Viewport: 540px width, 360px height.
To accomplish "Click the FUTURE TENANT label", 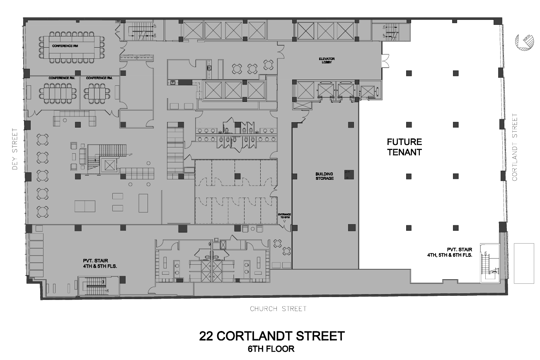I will point(404,147).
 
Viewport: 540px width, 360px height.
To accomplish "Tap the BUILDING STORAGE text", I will point(324,176).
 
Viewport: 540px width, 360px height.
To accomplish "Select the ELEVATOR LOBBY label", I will point(327,60).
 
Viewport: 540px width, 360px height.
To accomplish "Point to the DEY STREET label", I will point(15,149).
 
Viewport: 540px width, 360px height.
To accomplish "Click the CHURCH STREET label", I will point(278,309).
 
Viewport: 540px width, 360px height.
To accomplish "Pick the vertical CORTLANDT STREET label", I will point(515,147).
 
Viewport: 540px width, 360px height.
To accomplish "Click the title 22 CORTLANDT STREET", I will point(271,336).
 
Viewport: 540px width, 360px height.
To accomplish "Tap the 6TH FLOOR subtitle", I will point(271,349).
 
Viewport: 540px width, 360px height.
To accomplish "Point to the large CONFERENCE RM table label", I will point(64,45).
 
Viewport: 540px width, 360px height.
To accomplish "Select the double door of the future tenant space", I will point(385,61).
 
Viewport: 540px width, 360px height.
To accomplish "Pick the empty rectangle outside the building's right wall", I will point(523,263).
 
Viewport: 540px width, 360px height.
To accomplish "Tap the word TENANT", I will point(404,152).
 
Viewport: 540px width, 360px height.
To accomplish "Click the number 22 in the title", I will point(207,336).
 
